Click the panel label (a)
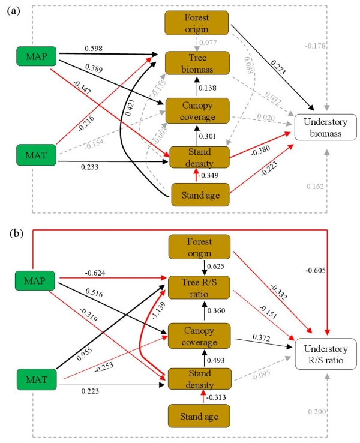click(14, 11)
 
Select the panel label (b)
click(14, 234)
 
